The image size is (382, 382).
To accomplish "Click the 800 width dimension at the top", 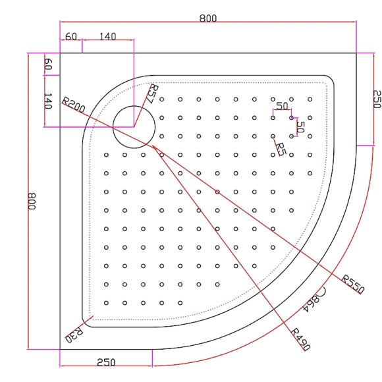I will click(208, 18).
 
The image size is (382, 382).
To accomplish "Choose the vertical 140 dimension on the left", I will click(48, 101).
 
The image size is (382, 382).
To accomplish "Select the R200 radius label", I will click(73, 105).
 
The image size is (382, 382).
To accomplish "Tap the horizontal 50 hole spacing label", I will click(282, 106).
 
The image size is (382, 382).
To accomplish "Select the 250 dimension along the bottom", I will click(107, 362).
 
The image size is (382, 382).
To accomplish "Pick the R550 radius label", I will click(353, 285).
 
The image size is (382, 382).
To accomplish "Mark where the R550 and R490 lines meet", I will click(154, 146).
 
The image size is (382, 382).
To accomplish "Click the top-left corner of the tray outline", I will click(60, 52).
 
